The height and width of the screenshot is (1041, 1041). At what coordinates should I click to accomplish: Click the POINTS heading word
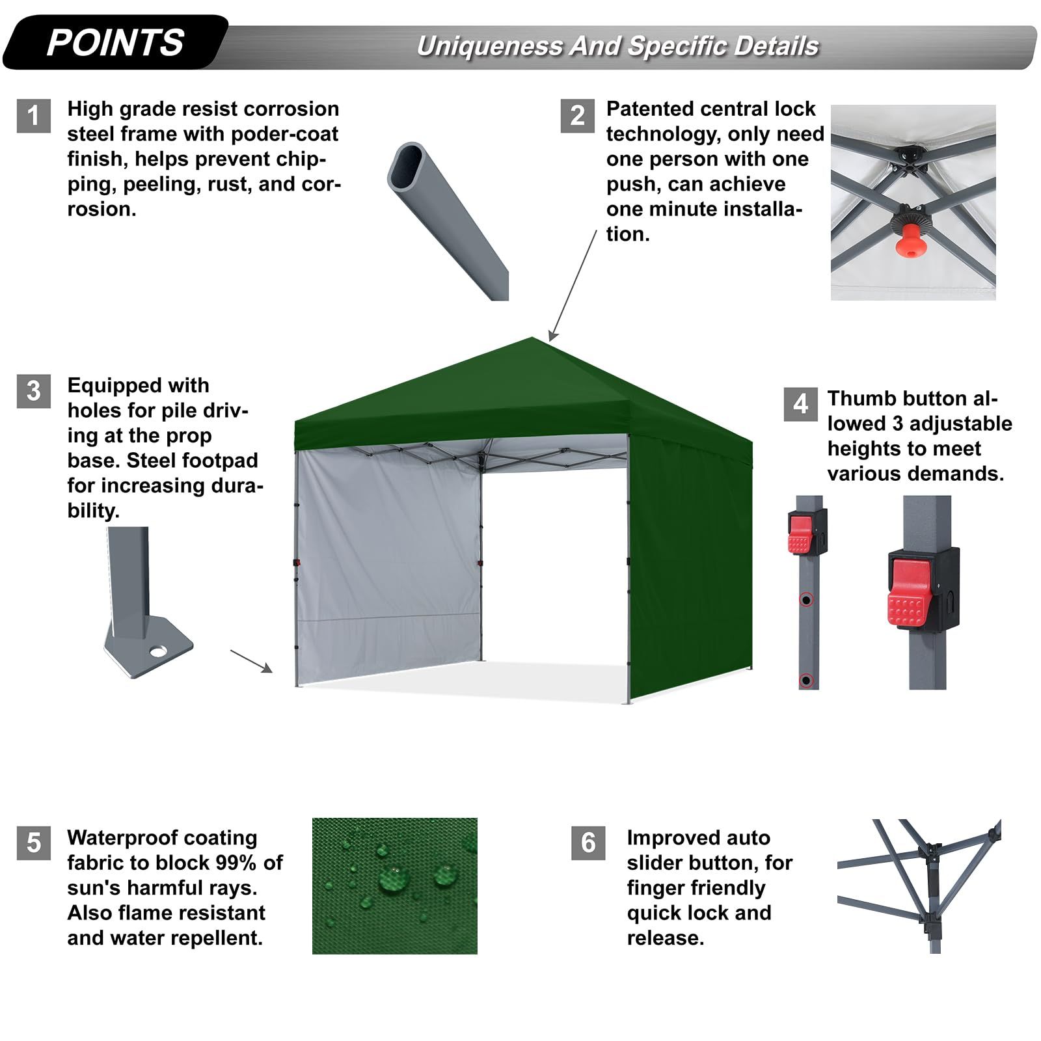pyautogui.click(x=115, y=43)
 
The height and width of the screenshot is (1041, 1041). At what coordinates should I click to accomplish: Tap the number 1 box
pyautogui.click(x=34, y=116)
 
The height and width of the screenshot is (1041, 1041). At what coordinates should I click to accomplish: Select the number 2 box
pyautogui.click(x=578, y=116)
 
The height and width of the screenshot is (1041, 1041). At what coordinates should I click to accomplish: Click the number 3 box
pyautogui.click(x=34, y=391)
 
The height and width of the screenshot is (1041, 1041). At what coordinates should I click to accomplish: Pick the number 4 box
pyautogui.click(x=801, y=404)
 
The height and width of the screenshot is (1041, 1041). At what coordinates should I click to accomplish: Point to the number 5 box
pyautogui.click(x=34, y=843)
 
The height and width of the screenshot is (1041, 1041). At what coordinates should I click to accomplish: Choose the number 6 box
pyautogui.click(x=588, y=843)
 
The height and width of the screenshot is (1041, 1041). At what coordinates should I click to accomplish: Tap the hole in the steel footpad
pyautogui.click(x=157, y=650)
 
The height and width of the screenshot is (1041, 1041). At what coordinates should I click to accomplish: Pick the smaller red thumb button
pyautogui.click(x=800, y=535)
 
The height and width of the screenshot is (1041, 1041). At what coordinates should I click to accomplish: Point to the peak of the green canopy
pyautogui.click(x=532, y=338)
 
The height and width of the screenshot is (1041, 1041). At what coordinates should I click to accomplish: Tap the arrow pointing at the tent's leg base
pyautogui.click(x=251, y=661)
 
